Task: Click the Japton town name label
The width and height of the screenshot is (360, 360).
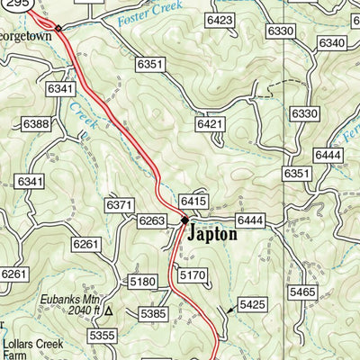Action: tap(212, 235)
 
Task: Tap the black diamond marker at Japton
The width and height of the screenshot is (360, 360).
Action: tap(184, 220)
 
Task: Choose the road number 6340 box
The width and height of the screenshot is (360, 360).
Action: tap(331, 43)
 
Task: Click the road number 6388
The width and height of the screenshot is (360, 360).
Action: tap(37, 123)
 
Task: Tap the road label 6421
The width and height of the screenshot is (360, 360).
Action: tap(210, 123)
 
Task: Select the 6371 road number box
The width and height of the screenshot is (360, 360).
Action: tap(120, 206)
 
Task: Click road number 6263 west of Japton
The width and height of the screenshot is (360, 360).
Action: tap(152, 220)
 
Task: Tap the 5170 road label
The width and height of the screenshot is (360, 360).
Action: tap(193, 274)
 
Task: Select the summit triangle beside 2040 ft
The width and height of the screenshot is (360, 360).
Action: tap(109, 310)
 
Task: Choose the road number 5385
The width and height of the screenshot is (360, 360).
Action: tap(153, 314)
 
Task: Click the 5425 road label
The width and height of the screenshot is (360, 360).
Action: tap(253, 304)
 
